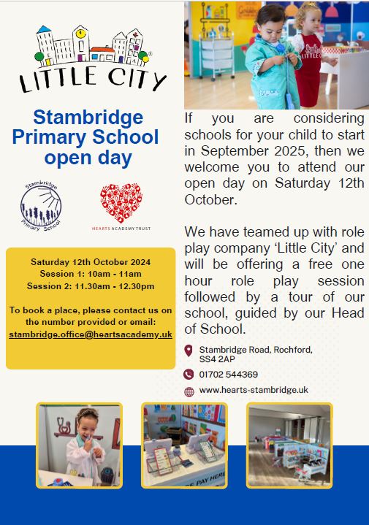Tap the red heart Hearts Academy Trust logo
coord(121,204)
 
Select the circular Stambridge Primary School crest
coord(42,207)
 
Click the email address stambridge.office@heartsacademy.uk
coord(91,334)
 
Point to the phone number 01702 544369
coord(228,375)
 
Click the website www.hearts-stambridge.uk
coord(254,390)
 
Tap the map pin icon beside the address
coord(189,351)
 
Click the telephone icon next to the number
coord(189,375)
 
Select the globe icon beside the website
coord(189,391)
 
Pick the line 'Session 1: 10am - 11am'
coord(91,273)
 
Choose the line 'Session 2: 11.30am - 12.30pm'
coord(91,286)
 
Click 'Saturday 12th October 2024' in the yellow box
coord(91,261)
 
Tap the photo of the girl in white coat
coord(79,445)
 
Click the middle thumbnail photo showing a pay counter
coord(184,445)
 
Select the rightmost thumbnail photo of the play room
coord(289,445)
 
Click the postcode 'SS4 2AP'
coord(216,361)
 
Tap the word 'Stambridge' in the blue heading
coord(90,117)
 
